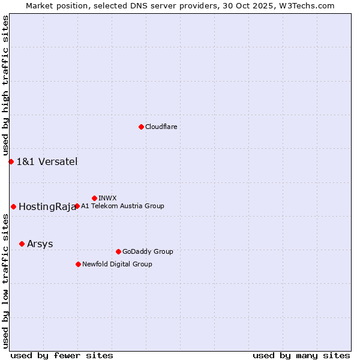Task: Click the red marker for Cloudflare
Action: point(141,127)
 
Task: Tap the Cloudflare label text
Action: point(161,127)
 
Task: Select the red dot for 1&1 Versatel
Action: point(11,161)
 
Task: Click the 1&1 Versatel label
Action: point(47,161)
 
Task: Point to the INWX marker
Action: point(94,198)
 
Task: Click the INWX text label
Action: point(107,198)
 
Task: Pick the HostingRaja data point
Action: point(13,206)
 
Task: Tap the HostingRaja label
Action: point(47,207)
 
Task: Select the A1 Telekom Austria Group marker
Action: point(77,206)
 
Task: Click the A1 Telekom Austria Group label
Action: point(122,206)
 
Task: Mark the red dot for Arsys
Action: point(22,244)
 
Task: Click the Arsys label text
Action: point(40,244)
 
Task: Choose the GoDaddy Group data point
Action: point(118,251)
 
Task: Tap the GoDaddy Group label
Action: point(148,251)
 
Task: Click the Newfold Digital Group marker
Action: point(78,264)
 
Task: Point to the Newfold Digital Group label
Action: point(117,264)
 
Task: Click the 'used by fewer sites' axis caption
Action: point(62,355)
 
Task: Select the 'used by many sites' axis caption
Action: point(301,355)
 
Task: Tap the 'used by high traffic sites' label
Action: point(5,85)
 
